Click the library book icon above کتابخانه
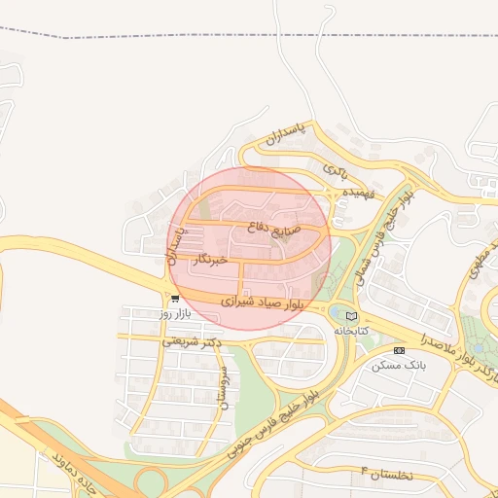click(351, 316)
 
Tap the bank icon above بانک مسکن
click(399, 350)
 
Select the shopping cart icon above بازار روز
click(174, 300)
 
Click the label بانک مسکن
click(399, 366)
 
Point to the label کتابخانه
click(351, 331)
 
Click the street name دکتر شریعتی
click(191, 341)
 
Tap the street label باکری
click(335, 170)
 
